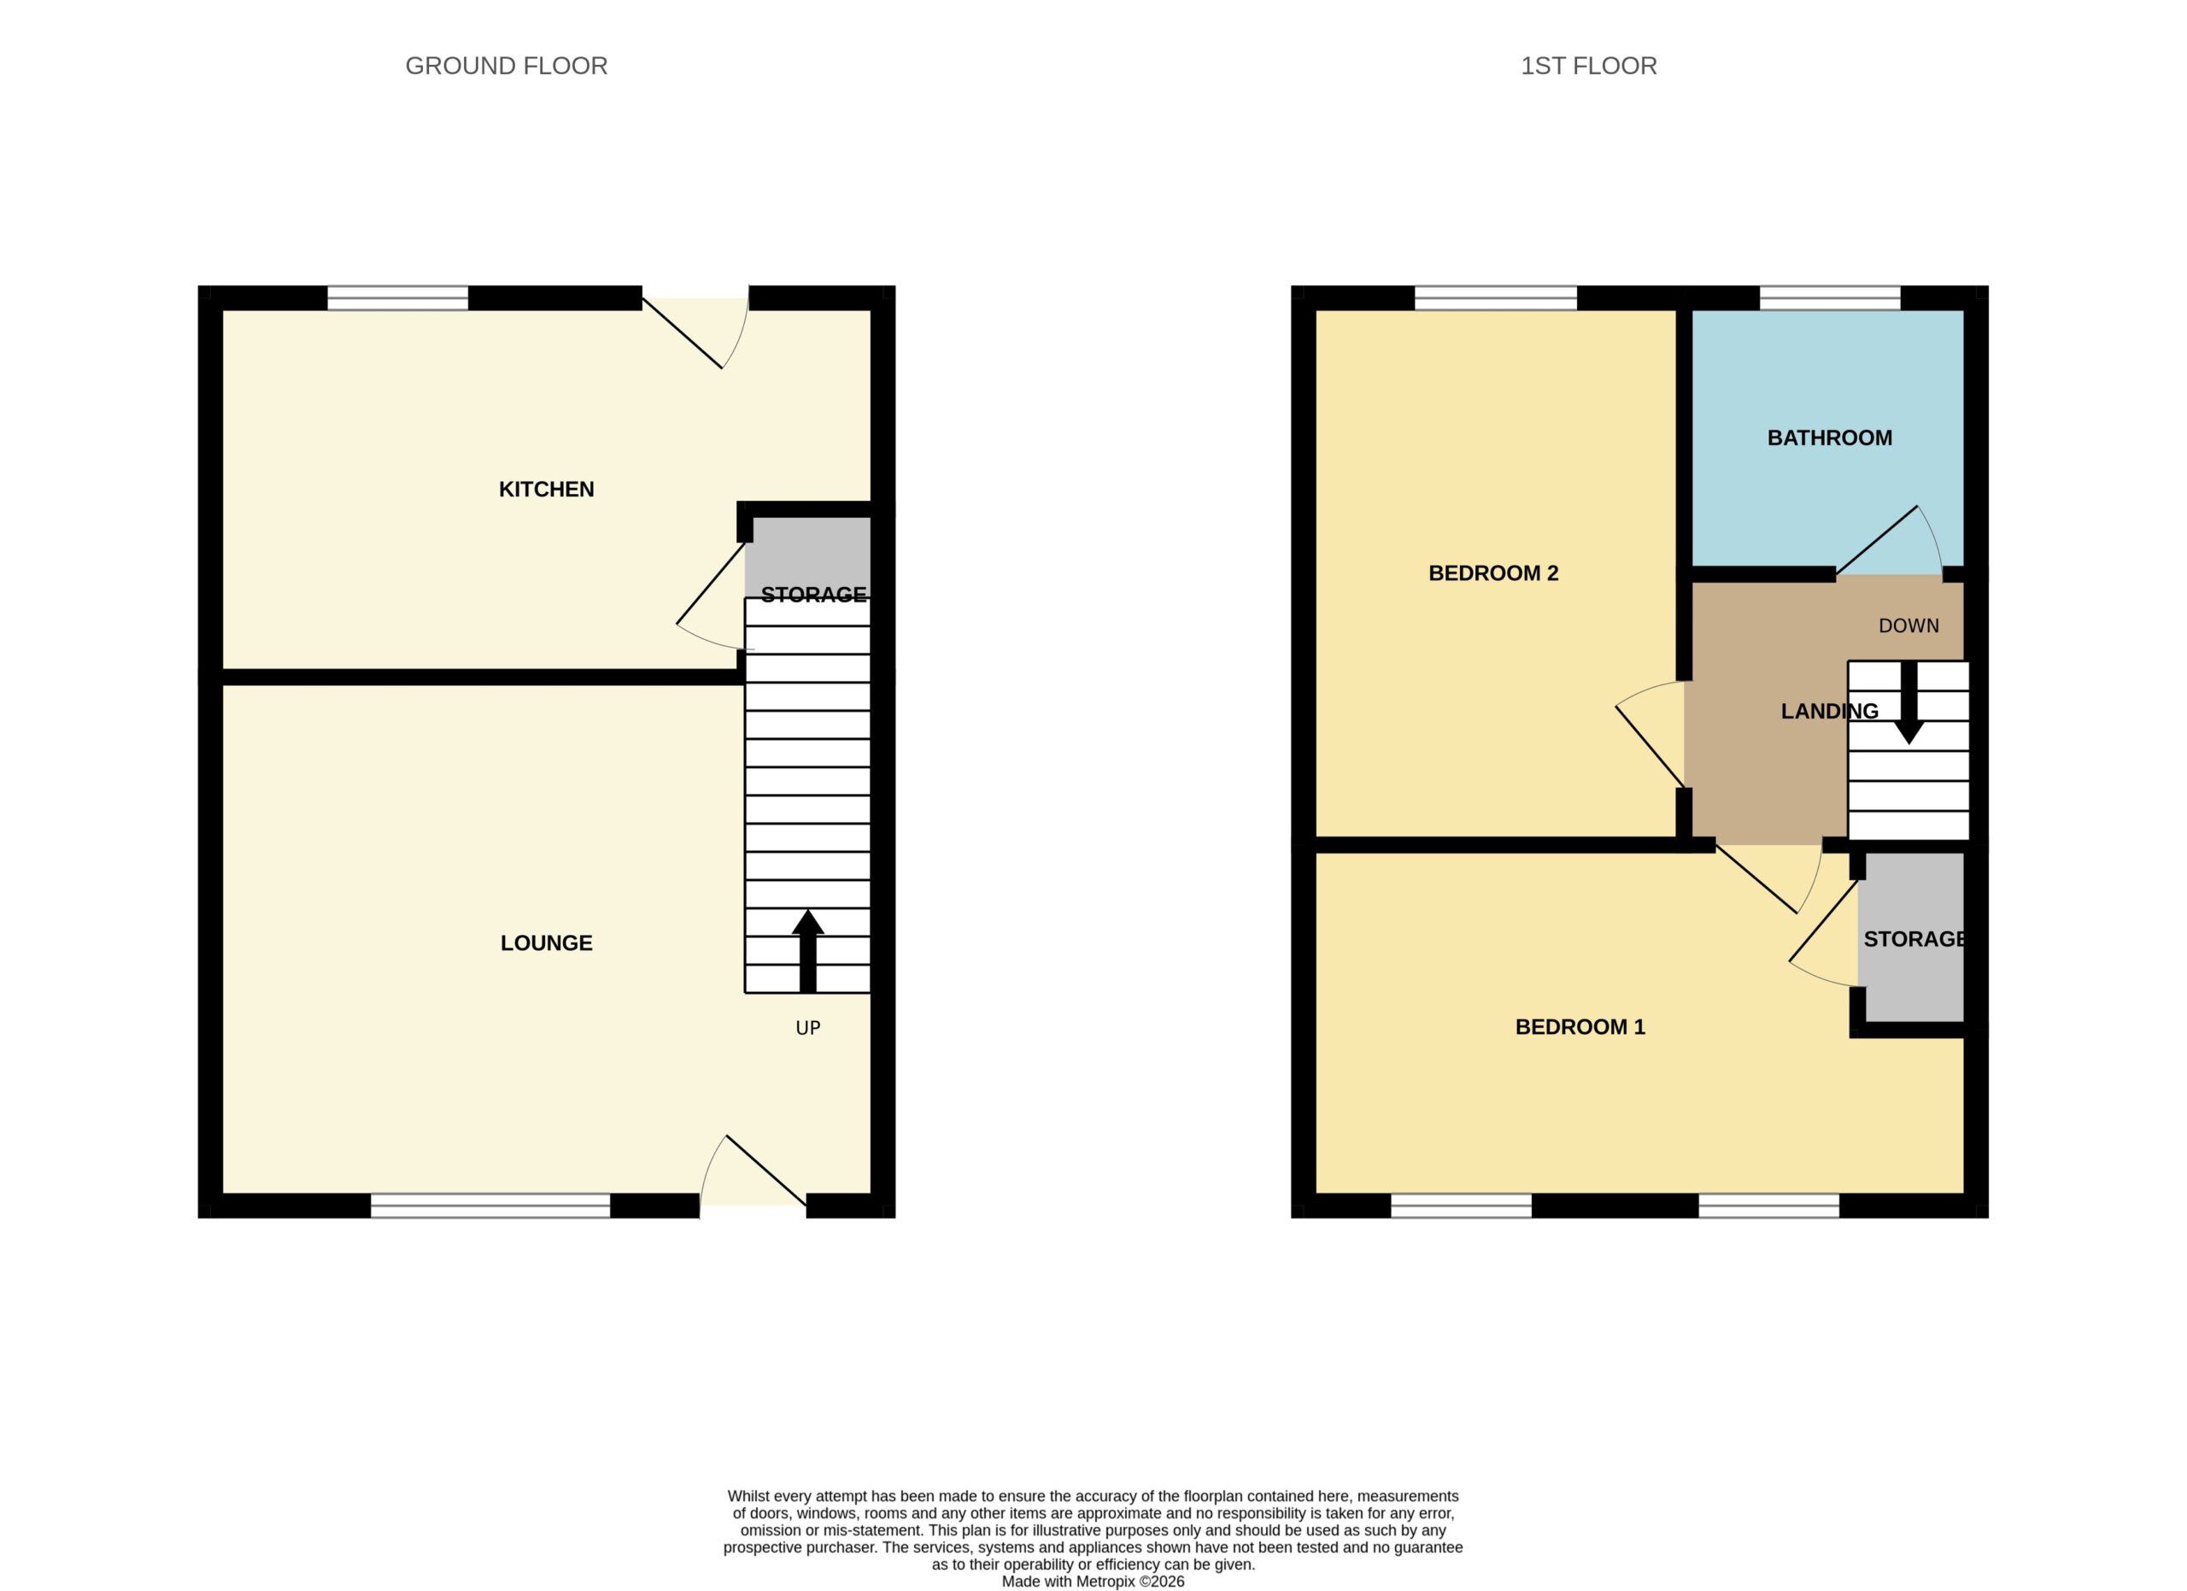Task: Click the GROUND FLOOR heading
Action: click(507, 66)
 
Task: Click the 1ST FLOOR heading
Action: click(1588, 66)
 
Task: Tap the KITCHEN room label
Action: click(546, 489)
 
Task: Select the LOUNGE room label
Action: click(546, 943)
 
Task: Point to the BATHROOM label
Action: click(1829, 437)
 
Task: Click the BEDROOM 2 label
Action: click(1492, 572)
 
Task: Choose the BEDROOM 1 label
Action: click(1580, 1027)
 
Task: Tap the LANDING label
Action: click(1829, 712)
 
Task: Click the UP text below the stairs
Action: click(808, 1028)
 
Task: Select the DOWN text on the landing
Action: click(1908, 625)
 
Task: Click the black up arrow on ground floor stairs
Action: click(808, 951)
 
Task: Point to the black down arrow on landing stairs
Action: click(1908, 703)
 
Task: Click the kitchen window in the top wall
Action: click(397, 298)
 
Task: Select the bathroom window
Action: click(1829, 298)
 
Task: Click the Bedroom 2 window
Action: click(1496, 298)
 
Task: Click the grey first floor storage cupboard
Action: click(1911, 936)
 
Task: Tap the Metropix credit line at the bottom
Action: click(1093, 1582)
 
